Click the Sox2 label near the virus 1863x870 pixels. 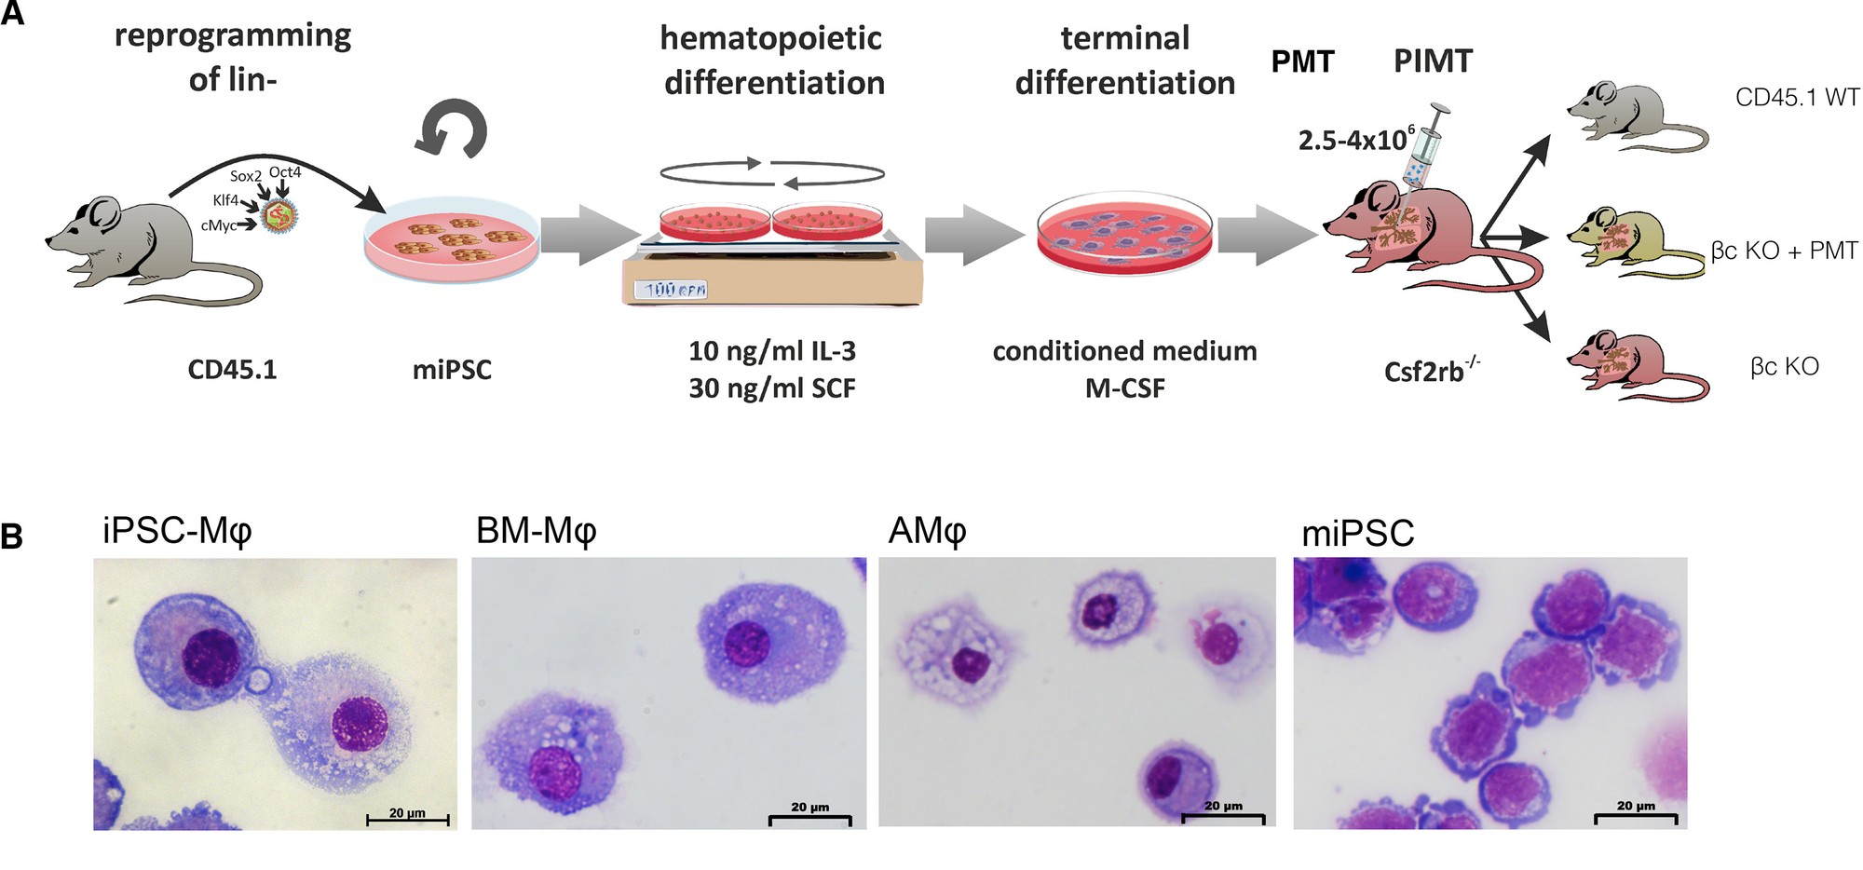click(x=246, y=176)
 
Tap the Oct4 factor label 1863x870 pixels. click(x=285, y=172)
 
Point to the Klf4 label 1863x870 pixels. click(x=225, y=200)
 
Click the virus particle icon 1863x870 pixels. click(x=279, y=217)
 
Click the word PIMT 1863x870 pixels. click(x=1433, y=61)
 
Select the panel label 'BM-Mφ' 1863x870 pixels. click(x=536, y=531)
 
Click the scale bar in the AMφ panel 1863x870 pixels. click(x=1223, y=819)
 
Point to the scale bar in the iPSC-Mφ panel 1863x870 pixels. click(x=407, y=820)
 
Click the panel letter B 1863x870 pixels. click(x=12, y=537)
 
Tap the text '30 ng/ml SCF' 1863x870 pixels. click(x=772, y=388)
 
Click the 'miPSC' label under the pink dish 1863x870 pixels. click(x=452, y=370)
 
